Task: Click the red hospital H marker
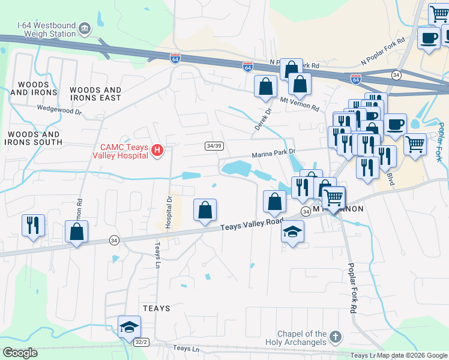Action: pos(157,149)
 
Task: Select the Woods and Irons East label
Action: pos(95,94)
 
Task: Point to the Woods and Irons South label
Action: pos(33,138)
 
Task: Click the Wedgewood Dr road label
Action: pos(58,109)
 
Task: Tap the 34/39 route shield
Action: pos(214,146)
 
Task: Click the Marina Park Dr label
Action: pos(274,153)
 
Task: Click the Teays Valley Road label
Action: pos(252,223)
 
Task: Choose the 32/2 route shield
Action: pos(141,342)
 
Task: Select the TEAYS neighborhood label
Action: pos(157,308)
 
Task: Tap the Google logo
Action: pos(20,353)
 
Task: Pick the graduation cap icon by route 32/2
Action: pos(128,327)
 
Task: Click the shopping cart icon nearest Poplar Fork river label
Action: pos(415,144)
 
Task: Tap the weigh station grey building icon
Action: pos(84,28)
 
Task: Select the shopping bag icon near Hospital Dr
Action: pos(205,210)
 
